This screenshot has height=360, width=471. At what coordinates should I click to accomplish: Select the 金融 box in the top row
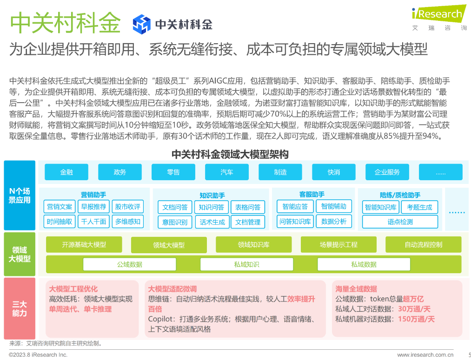pyautogui.click(x=66, y=172)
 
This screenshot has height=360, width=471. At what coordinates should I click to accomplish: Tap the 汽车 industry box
pyautogui.click(x=227, y=172)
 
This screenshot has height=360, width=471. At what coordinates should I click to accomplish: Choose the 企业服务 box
pyautogui.click(x=387, y=172)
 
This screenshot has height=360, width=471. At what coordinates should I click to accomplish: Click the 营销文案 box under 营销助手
pyautogui.click(x=60, y=207)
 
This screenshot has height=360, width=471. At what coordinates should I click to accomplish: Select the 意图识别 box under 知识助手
pyautogui.click(x=175, y=222)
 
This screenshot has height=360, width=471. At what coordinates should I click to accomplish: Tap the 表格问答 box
pyautogui.click(x=248, y=207)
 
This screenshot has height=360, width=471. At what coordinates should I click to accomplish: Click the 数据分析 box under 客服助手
pyautogui.click(x=333, y=222)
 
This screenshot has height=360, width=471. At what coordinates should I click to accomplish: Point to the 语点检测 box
pyautogui.click(x=400, y=222)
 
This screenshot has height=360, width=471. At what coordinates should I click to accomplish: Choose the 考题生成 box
pyautogui.click(x=419, y=207)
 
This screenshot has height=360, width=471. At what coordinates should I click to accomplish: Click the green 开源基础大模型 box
pyautogui.click(x=84, y=244)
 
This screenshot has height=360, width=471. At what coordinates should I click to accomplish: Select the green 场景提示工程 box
pyautogui.click(x=338, y=244)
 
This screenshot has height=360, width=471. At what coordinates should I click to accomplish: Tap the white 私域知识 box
pyautogui.click(x=246, y=264)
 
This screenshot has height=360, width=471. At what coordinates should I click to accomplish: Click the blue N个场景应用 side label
pyautogui.click(x=20, y=195)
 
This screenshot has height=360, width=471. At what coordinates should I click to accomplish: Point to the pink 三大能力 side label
pyautogui.click(x=20, y=308)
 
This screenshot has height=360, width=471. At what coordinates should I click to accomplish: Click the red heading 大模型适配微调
pyautogui.click(x=172, y=289)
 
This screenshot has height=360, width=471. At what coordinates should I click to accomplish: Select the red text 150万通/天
pyautogui.click(x=416, y=319)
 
